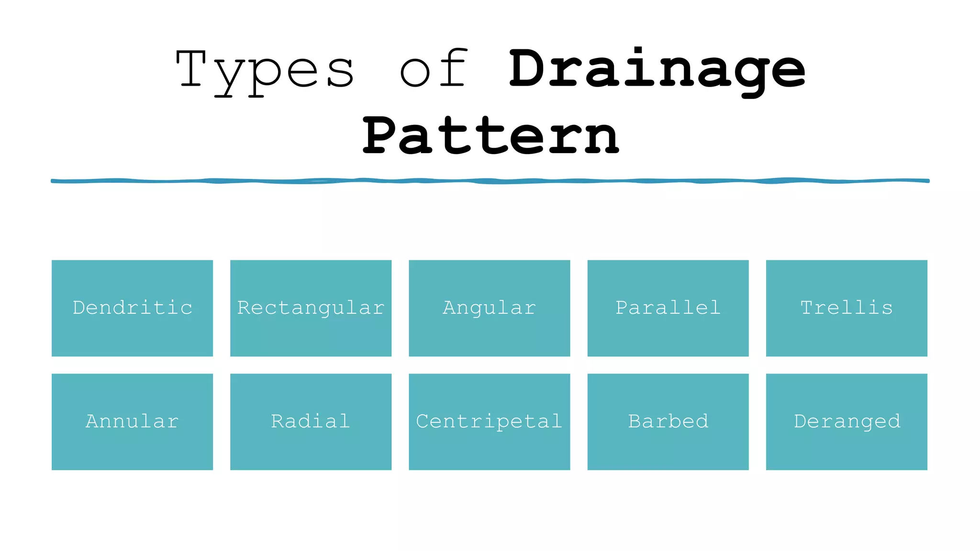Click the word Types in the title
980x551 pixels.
pos(265,71)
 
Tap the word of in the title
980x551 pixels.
pos(433,69)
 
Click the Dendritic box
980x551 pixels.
pos(132,308)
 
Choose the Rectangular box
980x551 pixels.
pos(311,308)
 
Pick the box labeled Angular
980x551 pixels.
pos(489,308)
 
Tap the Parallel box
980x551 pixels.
pos(668,308)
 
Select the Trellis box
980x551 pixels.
pos(846,308)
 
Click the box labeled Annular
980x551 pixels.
pos(132,421)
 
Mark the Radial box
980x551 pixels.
pos(311,421)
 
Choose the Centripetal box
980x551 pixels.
pos(489,421)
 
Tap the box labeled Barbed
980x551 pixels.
pos(668,421)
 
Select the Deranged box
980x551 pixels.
pos(846,421)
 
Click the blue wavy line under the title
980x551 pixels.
pos(490,181)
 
